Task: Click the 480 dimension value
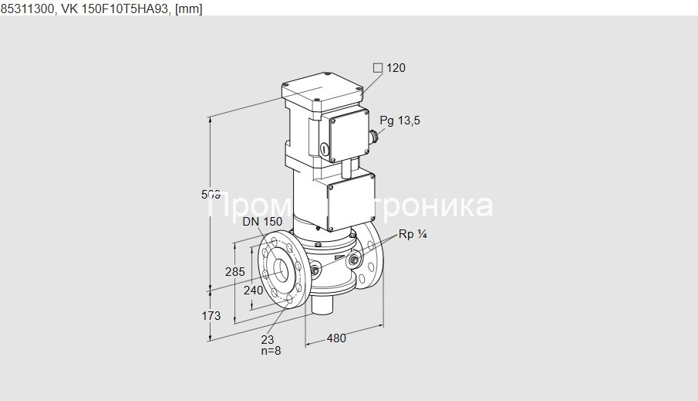coord(336,338)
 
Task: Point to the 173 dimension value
coord(211,315)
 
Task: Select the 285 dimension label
coord(234,271)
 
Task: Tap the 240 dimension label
coord(253,291)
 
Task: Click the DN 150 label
coord(262,222)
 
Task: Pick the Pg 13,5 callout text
coord(400,121)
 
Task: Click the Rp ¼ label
coord(412,235)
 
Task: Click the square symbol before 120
coord(378,68)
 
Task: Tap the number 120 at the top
coord(396,68)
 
